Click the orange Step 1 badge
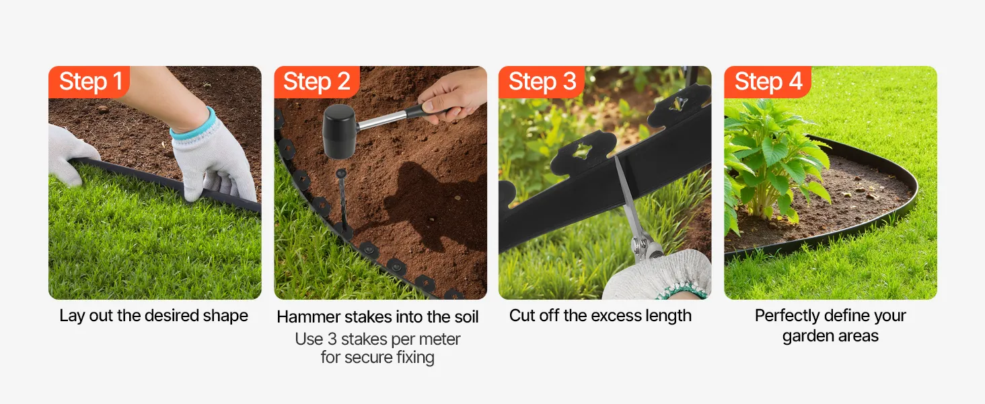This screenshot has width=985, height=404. point(89,82)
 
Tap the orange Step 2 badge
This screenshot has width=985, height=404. point(317,82)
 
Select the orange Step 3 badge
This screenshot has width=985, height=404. point(542,82)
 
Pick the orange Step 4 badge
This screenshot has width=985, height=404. point(767,82)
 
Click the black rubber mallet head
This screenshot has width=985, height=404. point(340,131)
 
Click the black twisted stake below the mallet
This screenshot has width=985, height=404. point(342,200)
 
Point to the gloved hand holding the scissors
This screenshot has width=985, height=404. point(658,275)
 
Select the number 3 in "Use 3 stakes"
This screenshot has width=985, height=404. point(332,339)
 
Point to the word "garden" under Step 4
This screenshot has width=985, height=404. point(808,337)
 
